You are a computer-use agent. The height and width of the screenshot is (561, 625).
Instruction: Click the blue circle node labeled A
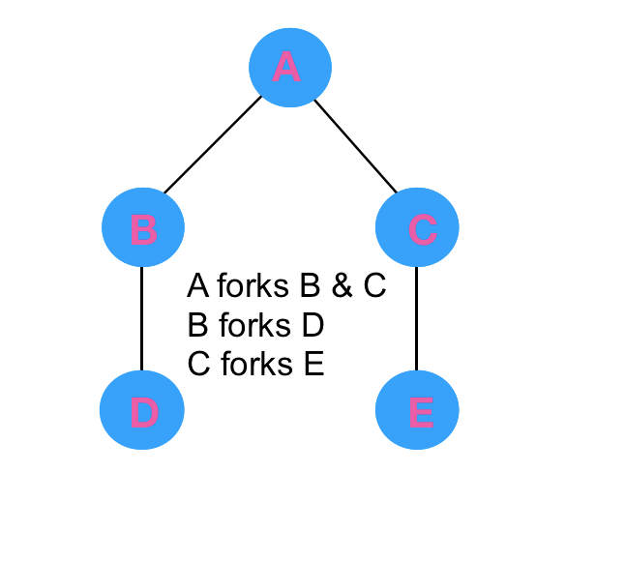[x=290, y=67]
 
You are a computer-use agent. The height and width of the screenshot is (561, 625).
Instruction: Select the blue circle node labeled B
[x=143, y=229]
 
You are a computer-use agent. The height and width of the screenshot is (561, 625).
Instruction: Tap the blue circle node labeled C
[x=417, y=229]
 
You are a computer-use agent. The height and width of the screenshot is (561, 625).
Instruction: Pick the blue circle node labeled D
[x=142, y=411]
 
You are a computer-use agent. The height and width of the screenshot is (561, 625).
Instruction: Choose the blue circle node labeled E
[x=417, y=411]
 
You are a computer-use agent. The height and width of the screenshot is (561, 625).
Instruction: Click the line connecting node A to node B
[x=213, y=145]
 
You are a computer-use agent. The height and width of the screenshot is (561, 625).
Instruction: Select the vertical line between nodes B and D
[x=142, y=319]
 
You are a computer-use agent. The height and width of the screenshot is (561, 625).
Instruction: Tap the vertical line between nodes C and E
[x=416, y=319]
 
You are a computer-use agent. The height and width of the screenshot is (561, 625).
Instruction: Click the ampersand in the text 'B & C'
[x=342, y=286]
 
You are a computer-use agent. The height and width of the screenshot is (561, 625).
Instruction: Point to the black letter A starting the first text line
[x=198, y=286]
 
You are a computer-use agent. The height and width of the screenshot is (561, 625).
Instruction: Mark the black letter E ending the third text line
[x=312, y=365]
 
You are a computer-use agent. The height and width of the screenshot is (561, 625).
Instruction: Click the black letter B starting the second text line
[x=198, y=325]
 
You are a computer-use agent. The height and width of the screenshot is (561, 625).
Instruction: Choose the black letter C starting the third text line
[x=199, y=365]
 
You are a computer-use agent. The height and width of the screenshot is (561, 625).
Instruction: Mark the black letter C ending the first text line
[x=374, y=286]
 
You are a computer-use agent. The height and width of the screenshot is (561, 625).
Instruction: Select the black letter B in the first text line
[x=311, y=286]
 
